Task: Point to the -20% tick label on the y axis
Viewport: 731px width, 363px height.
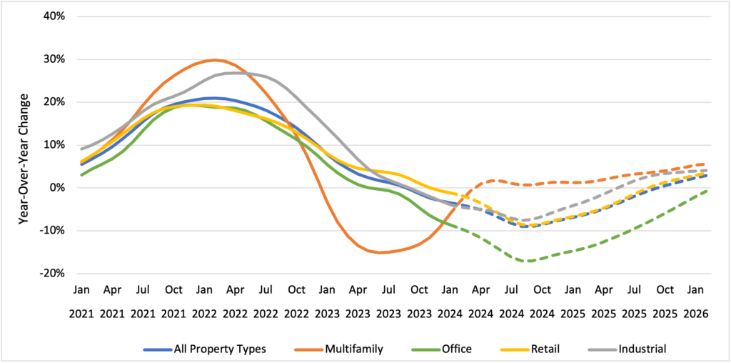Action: click(x=53, y=273)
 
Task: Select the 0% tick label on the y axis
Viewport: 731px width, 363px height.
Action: click(x=57, y=187)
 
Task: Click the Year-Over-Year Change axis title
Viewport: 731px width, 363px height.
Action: click(x=23, y=144)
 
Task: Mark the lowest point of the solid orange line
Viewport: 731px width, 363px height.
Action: click(x=379, y=252)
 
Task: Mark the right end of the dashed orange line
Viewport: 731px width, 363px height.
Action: click(x=706, y=164)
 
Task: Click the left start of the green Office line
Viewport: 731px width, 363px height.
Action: click(x=82, y=175)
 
